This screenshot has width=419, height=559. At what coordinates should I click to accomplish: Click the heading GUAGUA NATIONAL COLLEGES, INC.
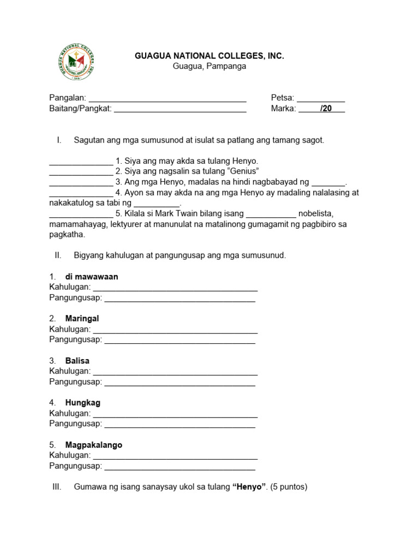point(209,56)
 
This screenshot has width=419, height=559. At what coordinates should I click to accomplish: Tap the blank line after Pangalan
point(167,99)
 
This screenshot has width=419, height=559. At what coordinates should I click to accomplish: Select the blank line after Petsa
point(321,99)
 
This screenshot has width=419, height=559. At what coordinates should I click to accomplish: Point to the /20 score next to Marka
point(326,109)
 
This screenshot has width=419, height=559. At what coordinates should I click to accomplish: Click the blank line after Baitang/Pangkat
point(180,109)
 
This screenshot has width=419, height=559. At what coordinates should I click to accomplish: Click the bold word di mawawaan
point(92,277)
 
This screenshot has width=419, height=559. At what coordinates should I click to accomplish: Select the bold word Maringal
point(82,318)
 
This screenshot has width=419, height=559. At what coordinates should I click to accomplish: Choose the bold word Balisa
point(77,361)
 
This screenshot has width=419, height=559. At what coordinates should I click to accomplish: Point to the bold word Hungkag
point(82,403)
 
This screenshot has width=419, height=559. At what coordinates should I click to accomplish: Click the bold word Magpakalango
point(93,445)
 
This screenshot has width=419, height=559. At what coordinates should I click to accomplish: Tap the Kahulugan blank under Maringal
point(175,330)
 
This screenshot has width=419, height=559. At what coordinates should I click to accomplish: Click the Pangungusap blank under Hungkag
point(179,425)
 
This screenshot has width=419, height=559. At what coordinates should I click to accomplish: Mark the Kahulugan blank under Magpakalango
point(175,456)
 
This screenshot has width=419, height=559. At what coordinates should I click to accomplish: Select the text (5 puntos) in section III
point(289,486)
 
